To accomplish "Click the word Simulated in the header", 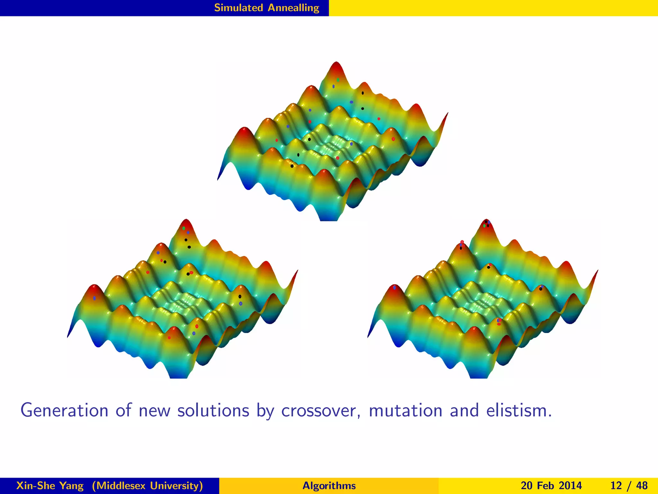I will click(238, 8).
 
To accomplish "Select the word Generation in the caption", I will click(64, 411).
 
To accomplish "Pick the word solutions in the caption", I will click(213, 411).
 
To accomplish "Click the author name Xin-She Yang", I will click(50, 485).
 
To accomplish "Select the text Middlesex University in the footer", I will click(147, 485).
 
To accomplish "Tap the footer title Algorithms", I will click(329, 485).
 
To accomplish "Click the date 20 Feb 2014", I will click(551, 485).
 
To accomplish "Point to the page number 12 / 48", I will click(629, 485).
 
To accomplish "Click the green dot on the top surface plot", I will click(338, 80).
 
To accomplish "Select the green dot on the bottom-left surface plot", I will click(184, 228).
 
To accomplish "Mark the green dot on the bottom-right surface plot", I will click(484, 226).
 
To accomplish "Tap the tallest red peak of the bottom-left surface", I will click(186, 223).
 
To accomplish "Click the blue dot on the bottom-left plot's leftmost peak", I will click(94, 298).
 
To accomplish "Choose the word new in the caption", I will click(154, 411).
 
